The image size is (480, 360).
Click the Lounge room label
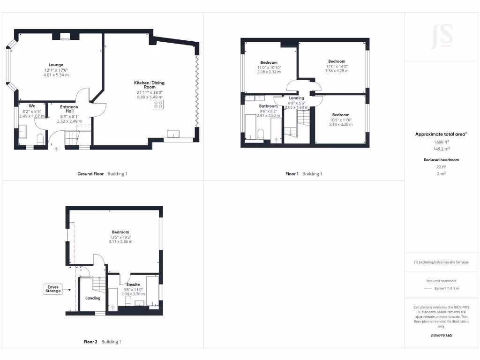(56, 65)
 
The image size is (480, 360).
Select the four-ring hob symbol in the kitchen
(158, 105)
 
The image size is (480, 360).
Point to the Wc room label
(31, 105)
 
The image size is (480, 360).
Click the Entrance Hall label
(69, 109)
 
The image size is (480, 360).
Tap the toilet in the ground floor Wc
(40, 139)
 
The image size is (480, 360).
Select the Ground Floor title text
(90, 174)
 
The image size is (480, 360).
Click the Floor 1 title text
(292, 174)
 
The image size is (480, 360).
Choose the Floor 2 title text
(90, 342)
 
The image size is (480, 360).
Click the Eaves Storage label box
(53, 289)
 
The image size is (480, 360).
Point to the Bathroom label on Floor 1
(269, 106)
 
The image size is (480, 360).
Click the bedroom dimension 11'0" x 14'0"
(337, 66)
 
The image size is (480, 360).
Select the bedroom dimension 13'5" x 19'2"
(120, 237)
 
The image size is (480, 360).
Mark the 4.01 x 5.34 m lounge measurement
(56, 75)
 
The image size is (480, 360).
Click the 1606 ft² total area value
(441, 142)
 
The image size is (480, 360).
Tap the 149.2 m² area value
(441, 149)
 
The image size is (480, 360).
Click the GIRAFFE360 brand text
(441, 336)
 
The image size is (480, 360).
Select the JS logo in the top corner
(441, 36)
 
